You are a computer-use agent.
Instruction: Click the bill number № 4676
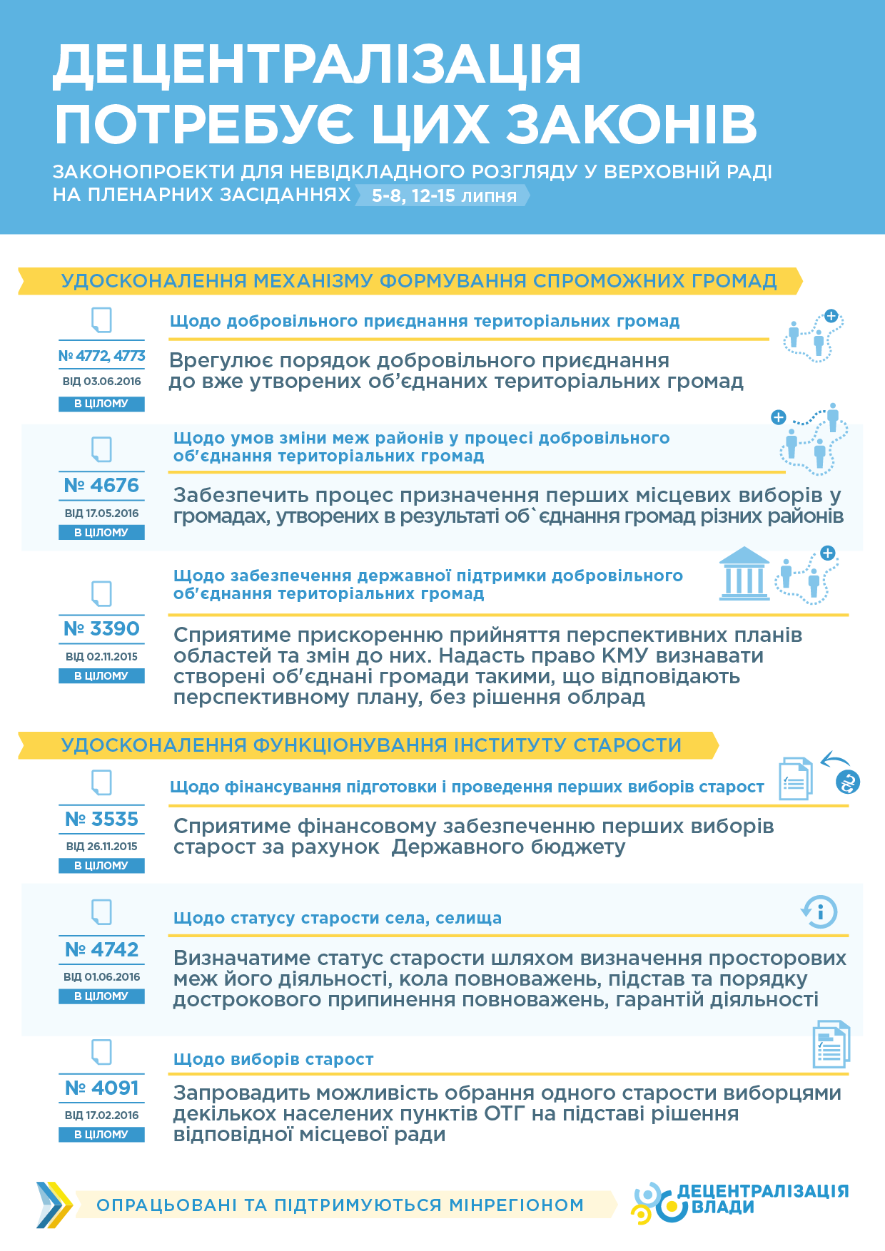[x=101, y=486]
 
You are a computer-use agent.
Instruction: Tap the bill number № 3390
[x=101, y=629]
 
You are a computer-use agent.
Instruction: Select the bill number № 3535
[x=101, y=819]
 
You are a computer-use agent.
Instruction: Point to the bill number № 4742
[x=101, y=950]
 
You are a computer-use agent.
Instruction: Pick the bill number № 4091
[x=101, y=1088]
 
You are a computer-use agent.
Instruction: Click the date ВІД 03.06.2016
[x=101, y=382]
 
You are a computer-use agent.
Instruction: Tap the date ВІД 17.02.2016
[x=101, y=1115]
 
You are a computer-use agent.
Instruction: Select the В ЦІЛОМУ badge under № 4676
[x=101, y=533]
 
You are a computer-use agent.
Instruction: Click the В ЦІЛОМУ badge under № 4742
[x=101, y=996]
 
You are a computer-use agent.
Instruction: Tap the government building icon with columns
[x=744, y=574]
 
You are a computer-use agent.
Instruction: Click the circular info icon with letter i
[x=819, y=912]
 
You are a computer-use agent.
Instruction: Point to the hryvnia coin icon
[x=848, y=782]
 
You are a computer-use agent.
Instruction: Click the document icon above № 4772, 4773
[x=101, y=320]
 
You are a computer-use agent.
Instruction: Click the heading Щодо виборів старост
[x=273, y=1060]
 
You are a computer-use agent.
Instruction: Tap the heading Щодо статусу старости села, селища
[x=338, y=919]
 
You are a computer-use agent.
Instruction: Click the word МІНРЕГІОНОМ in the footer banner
[x=516, y=1205]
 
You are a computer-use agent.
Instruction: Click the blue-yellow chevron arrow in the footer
[x=54, y=1205]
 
